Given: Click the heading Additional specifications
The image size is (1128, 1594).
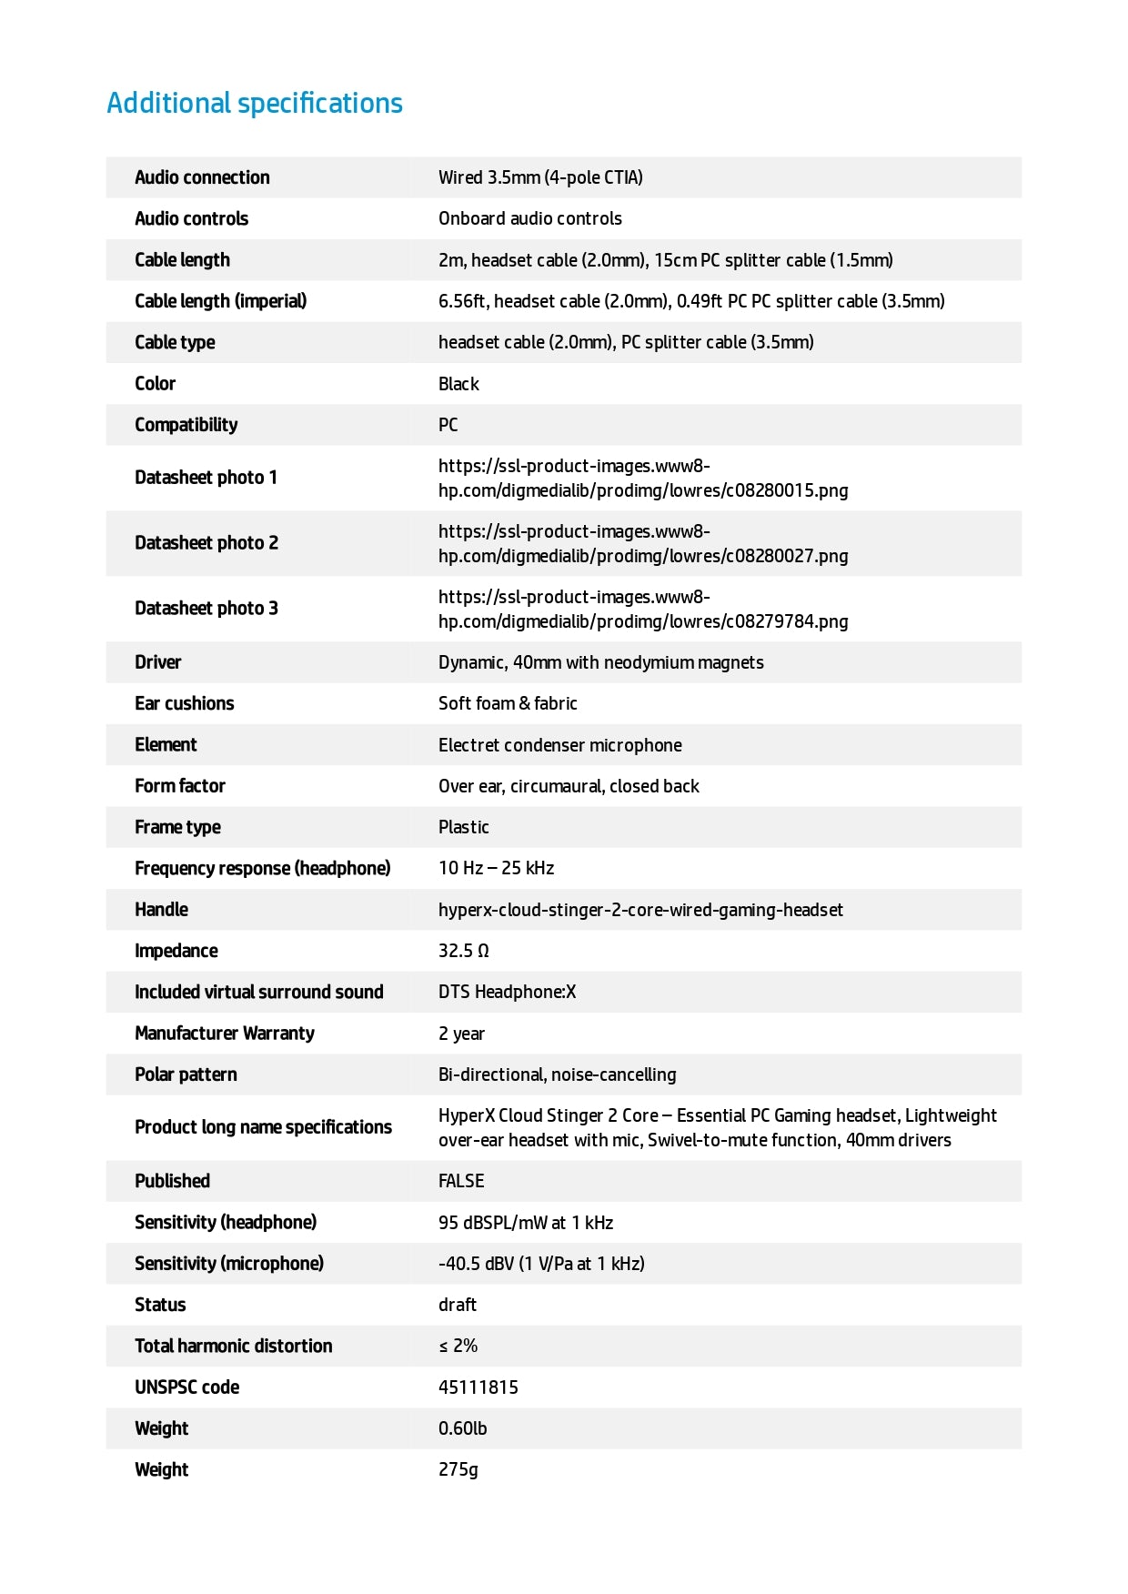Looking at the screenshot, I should point(255,104).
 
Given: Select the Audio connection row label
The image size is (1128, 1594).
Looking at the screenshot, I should point(202,177).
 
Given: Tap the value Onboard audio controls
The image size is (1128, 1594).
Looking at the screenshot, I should point(529,218).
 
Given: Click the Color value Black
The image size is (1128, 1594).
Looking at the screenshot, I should point(458,384).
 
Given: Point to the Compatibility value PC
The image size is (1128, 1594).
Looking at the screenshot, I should point(448,425).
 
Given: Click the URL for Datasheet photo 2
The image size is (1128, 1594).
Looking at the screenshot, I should point(642,544).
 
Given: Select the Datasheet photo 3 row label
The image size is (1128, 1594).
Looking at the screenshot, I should point(206,609).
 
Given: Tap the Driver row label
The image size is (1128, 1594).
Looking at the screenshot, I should point(158,662).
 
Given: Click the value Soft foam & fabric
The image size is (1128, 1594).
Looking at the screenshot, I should point(508,703).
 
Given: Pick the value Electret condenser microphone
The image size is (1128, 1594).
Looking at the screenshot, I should point(559,745).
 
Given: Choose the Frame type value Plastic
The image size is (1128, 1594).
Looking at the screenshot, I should point(463,827).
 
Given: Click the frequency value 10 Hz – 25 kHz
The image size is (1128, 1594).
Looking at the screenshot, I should point(496,868).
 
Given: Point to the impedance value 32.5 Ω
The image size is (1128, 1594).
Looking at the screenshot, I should point(463,951).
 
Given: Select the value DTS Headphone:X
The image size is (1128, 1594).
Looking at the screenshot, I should point(507,992).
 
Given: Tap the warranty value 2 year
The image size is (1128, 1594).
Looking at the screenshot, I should point(461,1034).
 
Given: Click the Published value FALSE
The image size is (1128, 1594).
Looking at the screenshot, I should point(461,1181).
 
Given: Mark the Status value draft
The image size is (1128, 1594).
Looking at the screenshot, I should point(458,1305).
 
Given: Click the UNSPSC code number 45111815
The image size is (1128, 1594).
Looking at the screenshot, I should point(478,1387).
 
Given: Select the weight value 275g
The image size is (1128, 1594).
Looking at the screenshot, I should point(458,1469).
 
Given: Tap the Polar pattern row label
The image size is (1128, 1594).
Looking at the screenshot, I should point(186,1074).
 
